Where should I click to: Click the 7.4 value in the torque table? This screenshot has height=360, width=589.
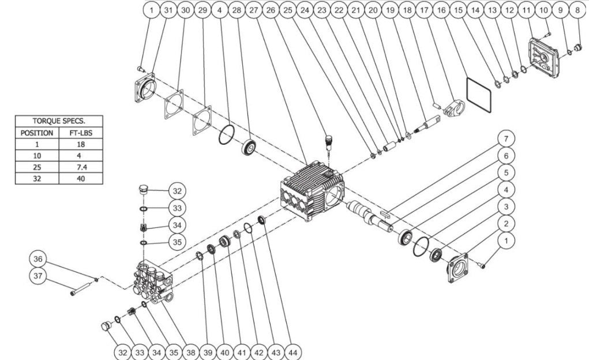coord(81,167)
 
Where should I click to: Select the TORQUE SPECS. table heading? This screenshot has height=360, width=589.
coord(59,121)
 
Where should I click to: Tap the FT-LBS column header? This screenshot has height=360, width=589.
coord(81,133)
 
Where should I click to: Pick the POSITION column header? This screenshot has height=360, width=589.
coord(37,133)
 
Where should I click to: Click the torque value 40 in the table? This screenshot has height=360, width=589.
coord(81,178)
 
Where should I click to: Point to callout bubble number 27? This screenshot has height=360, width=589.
coord(254,10)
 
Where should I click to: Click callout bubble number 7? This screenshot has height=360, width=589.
coord(506,139)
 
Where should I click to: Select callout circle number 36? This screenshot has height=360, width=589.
coord(38,259)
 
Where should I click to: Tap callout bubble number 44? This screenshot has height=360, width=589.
coord(293,352)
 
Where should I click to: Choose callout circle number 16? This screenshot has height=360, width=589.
coord(441,10)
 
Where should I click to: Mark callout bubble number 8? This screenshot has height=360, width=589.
coord(577,10)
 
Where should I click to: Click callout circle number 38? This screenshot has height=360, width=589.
coord(191,352)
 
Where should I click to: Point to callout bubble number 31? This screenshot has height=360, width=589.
coord(168,10)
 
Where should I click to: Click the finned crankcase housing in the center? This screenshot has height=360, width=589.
coord(312,191)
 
